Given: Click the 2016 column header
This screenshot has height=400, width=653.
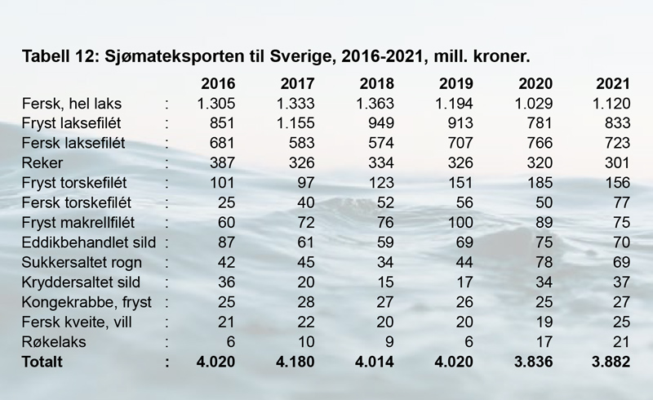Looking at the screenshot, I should (x=218, y=84).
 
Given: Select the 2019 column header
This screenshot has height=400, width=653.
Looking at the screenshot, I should (x=455, y=84).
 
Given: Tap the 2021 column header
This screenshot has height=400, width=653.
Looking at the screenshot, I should (x=614, y=84).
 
